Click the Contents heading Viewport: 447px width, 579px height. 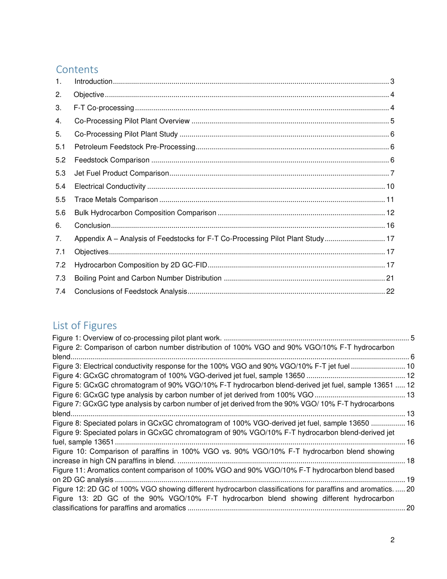click(77, 69)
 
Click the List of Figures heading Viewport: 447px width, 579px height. click(85, 325)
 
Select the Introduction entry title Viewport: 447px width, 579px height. click(93, 81)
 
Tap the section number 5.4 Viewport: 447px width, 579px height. click(60, 186)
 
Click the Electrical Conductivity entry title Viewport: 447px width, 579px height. click(110, 186)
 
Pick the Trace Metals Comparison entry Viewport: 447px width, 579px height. click(116, 200)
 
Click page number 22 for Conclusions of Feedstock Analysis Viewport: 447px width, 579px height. click(390, 291)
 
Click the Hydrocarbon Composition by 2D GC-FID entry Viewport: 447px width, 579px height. click(141, 265)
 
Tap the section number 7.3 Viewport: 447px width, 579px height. click(60, 278)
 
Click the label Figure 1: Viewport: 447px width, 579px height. click(67, 338)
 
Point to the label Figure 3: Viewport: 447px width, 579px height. click(67, 366)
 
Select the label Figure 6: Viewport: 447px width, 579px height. click(67, 394)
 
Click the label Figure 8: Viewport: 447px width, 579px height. click(67, 423)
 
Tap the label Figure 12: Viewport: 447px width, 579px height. click(69, 489)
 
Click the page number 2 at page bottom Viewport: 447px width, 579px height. click(392, 540)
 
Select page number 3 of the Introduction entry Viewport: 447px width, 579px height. click(392, 81)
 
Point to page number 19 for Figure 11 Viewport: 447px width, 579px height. click(410, 480)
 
